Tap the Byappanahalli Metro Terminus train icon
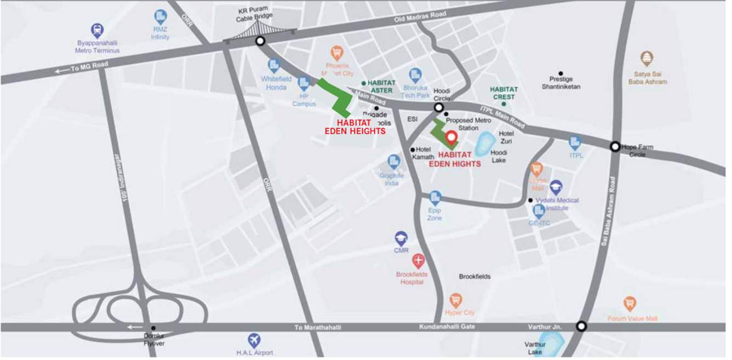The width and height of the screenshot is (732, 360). point(97,30)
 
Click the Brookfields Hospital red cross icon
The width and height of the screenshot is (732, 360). point(418,261)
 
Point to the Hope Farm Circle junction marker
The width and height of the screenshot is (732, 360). point(615,146)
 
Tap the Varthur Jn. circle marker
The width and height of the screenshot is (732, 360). point(581,327)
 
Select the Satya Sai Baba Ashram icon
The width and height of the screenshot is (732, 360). point(647,59)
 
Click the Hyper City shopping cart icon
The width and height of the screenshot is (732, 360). point(455,300)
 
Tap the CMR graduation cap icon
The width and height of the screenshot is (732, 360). point(401,238)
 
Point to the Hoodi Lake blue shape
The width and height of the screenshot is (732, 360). point(483,145)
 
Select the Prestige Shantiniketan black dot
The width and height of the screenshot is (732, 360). point(561,73)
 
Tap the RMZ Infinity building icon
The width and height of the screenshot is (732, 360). point(161,16)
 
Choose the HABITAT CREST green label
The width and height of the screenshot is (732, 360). point(504,93)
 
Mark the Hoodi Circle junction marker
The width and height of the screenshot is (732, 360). point(439,107)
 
